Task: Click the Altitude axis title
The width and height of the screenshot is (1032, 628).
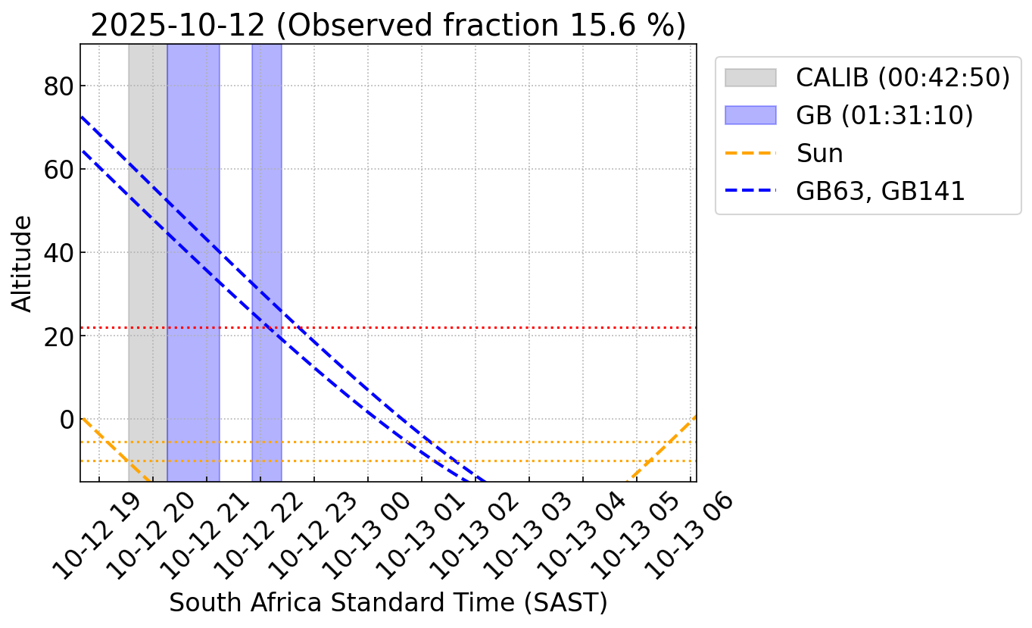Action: pos(23,263)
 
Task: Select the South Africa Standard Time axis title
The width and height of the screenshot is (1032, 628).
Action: pos(388,602)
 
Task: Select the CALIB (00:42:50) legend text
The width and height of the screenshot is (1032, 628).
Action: pos(903,77)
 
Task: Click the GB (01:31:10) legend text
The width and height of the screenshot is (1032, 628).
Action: pos(884,115)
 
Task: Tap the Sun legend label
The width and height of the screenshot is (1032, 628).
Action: pos(819,153)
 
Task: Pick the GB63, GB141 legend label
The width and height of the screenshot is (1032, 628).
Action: pos(881,191)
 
